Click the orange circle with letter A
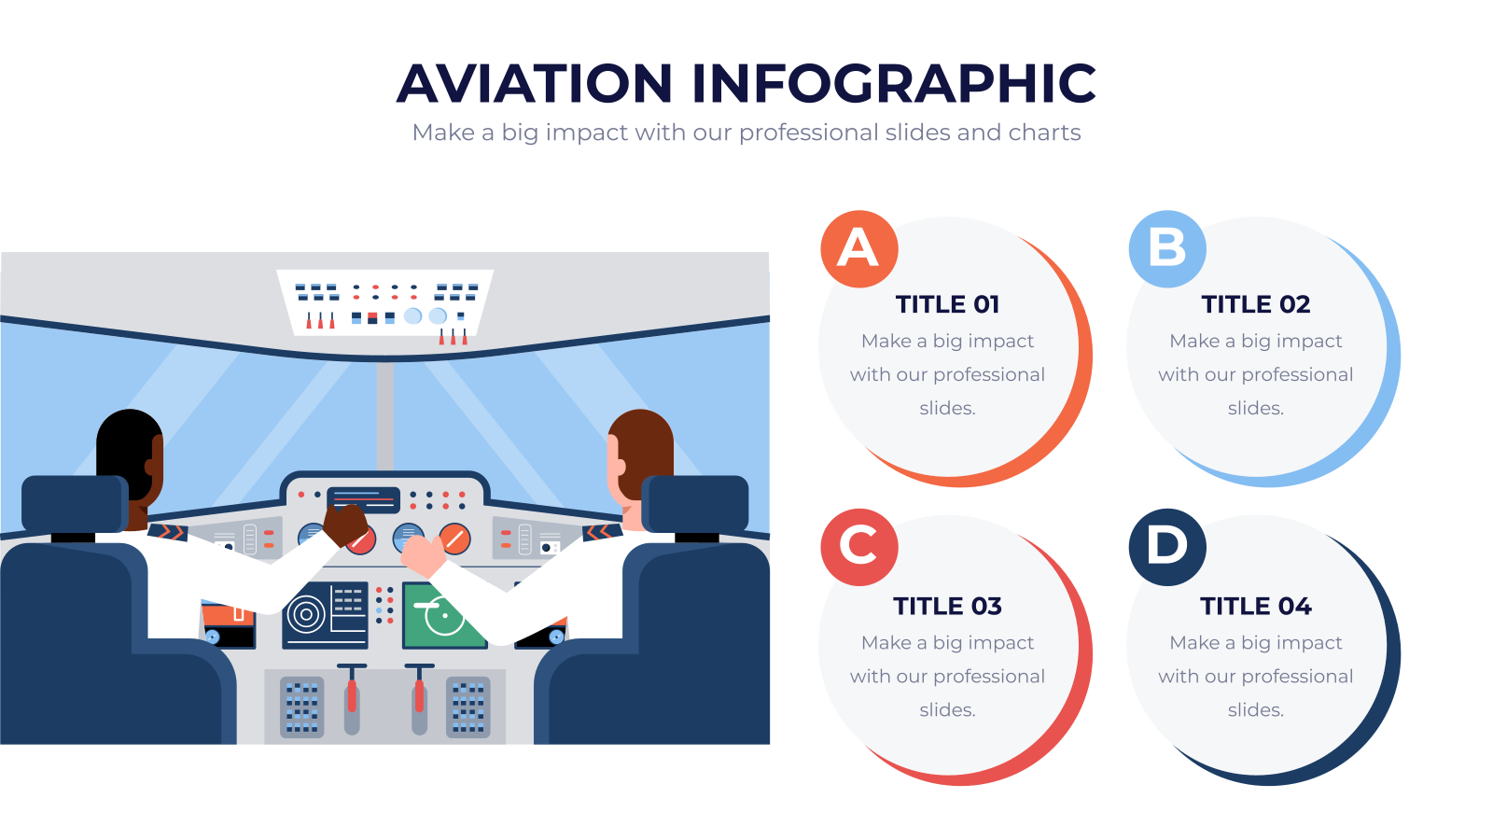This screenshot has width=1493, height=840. tap(859, 249)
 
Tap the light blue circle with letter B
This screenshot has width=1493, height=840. tap(1167, 249)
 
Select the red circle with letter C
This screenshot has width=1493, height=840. tap(859, 547)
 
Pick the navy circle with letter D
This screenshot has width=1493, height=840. tap(1167, 547)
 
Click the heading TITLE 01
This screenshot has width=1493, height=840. tap(947, 304)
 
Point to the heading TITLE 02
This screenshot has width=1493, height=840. tap(1256, 304)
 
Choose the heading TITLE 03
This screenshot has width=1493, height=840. tap(947, 607)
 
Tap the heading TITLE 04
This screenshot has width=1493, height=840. tap(1256, 607)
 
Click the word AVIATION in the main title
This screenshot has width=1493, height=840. tap(535, 83)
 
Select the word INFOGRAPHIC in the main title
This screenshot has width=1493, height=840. tap(894, 83)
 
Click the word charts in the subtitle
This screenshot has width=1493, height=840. tap(1044, 133)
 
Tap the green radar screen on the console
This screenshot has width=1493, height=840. tap(444, 615)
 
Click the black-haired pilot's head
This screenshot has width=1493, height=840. tap(130, 456)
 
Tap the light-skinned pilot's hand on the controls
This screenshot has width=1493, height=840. tap(424, 555)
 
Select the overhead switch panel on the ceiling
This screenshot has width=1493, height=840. tap(385, 304)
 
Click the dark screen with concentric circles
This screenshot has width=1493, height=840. tap(326, 615)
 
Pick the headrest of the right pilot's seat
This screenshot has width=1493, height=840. tap(695, 504)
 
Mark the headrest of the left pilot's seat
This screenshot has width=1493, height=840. tap(76, 504)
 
